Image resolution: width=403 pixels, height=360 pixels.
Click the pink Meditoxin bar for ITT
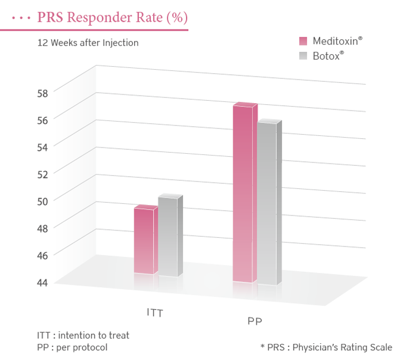pyautogui.click(x=144, y=241)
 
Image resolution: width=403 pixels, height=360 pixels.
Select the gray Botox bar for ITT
pyautogui.click(x=168, y=237)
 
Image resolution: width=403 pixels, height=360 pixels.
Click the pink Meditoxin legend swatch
pyautogui.click(x=303, y=41)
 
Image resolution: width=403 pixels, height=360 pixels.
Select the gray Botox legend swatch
pyautogui.click(x=303, y=56)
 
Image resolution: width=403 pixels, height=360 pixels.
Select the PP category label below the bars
pyautogui.click(x=255, y=321)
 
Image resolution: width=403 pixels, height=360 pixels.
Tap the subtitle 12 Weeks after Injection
pyautogui.click(x=88, y=43)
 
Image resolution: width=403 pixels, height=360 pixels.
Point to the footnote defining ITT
pyautogui.click(x=83, y=335)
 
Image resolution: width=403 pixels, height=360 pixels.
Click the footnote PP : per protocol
pyautogui.click(x=72, y=347)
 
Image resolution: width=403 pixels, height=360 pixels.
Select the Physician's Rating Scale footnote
pyautogui.click(x=326, y=347)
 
